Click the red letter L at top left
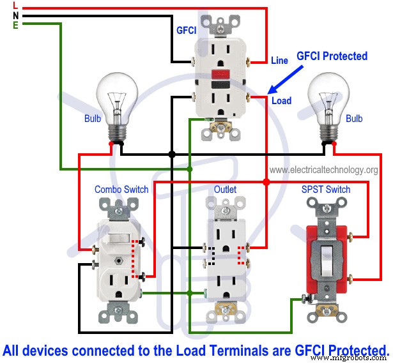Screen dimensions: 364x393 point(15,5)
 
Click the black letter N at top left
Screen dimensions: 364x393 point(15,15)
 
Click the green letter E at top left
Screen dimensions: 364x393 point(15,25)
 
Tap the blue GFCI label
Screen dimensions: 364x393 point(186,30)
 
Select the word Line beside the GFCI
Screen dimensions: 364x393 point(279,61)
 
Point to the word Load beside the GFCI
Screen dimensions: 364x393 point(281,100)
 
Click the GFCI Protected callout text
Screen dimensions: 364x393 point(332,56)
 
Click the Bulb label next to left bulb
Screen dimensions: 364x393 point(93,119)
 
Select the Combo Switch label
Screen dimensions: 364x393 point(121,189)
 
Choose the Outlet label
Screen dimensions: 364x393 point(225,189)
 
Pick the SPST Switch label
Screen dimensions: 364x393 point(326,189)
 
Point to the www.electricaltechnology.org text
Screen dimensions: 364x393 point(323,170)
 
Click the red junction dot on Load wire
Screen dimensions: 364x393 point(266,182)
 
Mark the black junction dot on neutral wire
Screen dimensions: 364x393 point(172,155)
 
